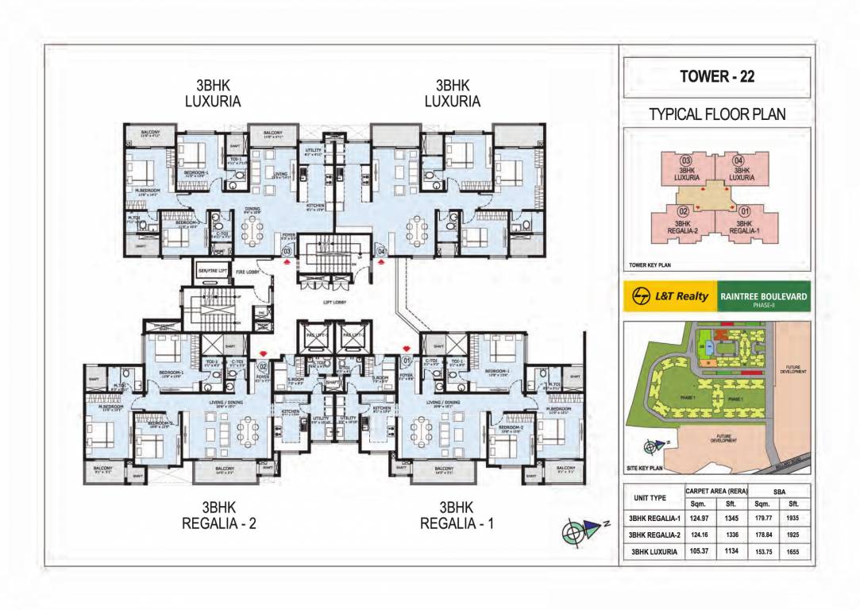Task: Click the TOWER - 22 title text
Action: click(x=717, y=77)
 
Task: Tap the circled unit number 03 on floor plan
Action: click(x=288, y=252)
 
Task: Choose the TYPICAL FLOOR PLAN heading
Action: click(x=717, y=114)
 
